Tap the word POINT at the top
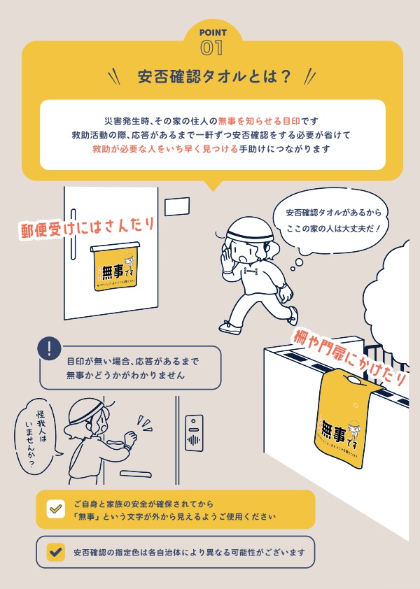click(212, 32)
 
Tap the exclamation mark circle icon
click(49, 349)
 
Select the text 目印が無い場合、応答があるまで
click(132, 362)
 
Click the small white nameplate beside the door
click(177, 206)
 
